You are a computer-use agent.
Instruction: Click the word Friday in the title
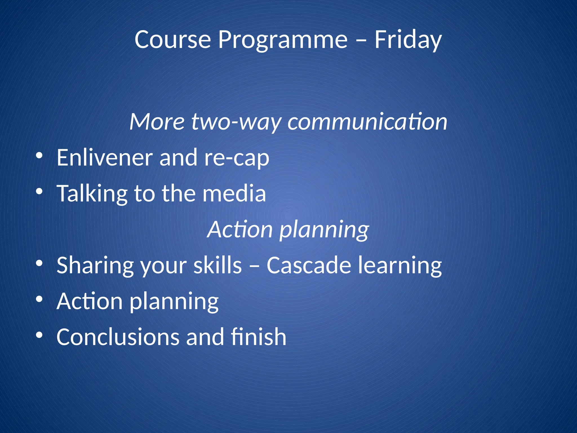point(408,40)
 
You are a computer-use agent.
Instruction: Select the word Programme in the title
point(283,40)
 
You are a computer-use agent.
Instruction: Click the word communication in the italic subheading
point(367,122)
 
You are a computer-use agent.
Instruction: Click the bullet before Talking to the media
point(39,191)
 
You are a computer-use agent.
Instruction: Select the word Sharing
point(95,266)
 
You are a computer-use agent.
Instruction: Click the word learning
point(400,266)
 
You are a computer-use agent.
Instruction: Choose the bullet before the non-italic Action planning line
point(39,299)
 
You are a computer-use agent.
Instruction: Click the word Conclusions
point(118,337)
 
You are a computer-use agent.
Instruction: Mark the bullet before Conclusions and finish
point(39,335)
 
